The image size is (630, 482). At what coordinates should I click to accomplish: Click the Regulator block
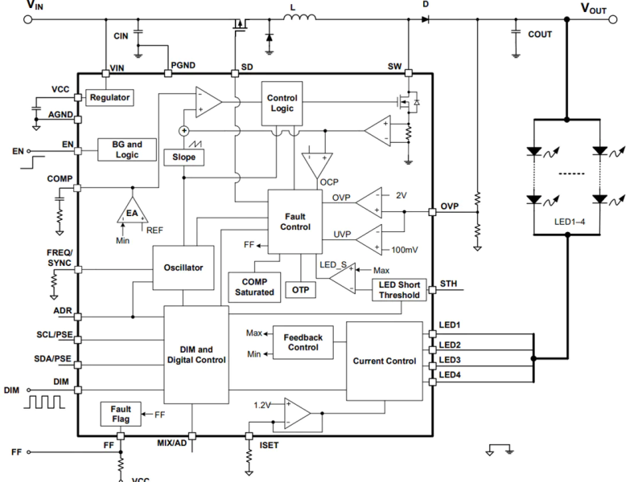pos(109,97)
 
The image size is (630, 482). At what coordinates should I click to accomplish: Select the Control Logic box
pos(282,103)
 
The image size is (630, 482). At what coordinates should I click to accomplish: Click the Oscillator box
pos(183,268)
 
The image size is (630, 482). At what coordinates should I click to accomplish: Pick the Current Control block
pos(385,361)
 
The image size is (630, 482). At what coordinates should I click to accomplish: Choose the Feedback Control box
pos(303,341)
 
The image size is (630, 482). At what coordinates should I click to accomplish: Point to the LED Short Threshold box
pos(398,290)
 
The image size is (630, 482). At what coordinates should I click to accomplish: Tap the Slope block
pos(183,157)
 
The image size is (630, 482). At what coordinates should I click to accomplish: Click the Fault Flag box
pos(121,415)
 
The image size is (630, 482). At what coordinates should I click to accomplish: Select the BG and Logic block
pos(121,149)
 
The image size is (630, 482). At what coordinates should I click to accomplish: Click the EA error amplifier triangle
pos(131,213)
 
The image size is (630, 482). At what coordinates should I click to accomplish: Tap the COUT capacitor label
pos(539,35)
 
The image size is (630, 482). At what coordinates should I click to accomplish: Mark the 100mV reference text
pos(405,250)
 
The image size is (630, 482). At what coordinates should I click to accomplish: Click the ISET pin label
pos(270,443)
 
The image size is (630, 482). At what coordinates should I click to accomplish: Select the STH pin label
pos(448,284)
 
